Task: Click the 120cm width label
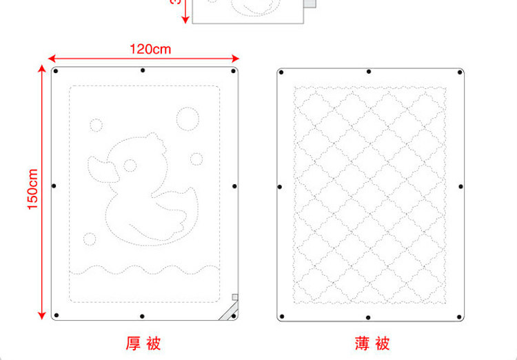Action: pyautogui.click(x=150, y=49)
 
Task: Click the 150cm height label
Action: pyautogui.click(x=32, y=190)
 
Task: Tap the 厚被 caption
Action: pyautogui.click(x=143, y=343)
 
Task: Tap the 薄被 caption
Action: pyautogui.click(x=372, y=343)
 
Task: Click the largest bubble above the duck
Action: pyautogui.click(x=186, y=117)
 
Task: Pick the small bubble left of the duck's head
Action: pyautogui.click(x=96, y=125)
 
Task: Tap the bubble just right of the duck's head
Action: pyautogui.click(x=196, y=159)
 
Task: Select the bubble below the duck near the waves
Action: pyautogui.click(x=89, y=239)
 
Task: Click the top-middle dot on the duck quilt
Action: pyautogui.click(x=143, y=70)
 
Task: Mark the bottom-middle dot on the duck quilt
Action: pyautogui.click(x=142, y=317)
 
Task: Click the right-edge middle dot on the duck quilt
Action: pyautogui.click(x=234, y=186)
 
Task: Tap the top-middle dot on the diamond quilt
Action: pyautogui.click(x=369, y=71)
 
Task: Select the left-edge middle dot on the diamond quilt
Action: pyautogui.click(x=280, y=187)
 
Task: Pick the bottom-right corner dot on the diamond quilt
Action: pyautogui.click(x=460, y=317)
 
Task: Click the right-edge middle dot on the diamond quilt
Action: pyautogui.click(x=461, y=187)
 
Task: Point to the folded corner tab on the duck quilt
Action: pyautogui.click(x=228, y=309)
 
